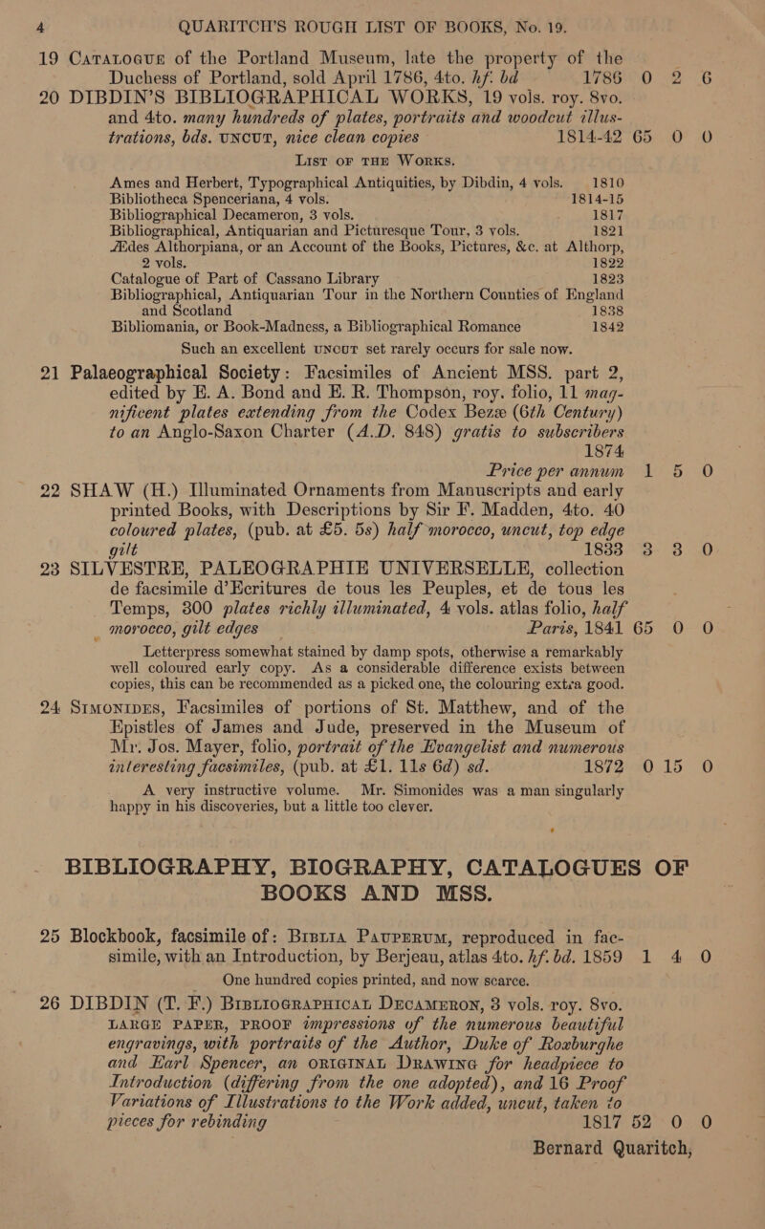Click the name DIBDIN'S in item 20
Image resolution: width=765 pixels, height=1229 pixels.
click(120, 99)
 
